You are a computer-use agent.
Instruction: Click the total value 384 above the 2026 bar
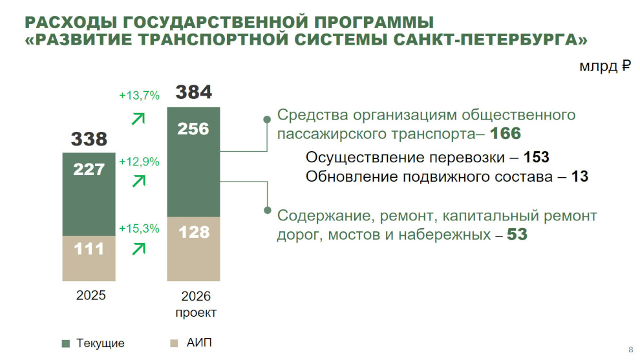(193, 92)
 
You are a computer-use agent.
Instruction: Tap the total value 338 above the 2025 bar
(89, 138)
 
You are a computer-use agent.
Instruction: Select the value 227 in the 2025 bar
(89, 169)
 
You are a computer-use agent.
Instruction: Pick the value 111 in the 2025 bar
(89, 248)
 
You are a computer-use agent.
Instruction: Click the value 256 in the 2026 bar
(193, 129)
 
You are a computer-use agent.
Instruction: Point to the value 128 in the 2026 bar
(193, 232)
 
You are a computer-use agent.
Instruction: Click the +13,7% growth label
(139, 96)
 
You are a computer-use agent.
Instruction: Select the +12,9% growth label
(139, 162)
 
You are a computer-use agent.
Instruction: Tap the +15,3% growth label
(139, 228)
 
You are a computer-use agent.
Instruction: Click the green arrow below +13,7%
(138, 118)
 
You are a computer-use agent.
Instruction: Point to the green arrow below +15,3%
(138, 248)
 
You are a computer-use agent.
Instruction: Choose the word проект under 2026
(196, 313)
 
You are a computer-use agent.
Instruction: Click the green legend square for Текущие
(66, 343)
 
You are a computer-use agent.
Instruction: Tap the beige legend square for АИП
(173, 343)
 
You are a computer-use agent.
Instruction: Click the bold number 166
(506, 134)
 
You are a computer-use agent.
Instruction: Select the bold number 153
(536, 158)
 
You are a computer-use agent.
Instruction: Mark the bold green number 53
(517, 235)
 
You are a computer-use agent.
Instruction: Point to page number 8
(630, 350)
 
